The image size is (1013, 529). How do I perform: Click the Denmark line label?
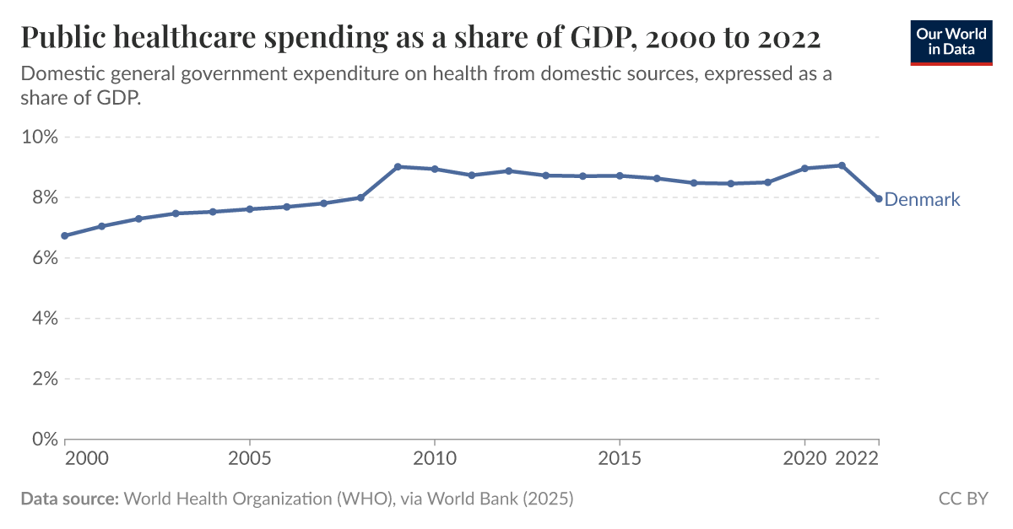(922, 200)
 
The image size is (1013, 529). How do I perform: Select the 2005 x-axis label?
(250, 459)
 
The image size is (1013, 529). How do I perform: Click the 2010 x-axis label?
(435, 459)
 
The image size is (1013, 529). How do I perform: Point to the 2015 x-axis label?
(620, 459)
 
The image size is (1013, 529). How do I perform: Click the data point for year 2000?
(65, 235)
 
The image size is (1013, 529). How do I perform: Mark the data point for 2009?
(398, 166)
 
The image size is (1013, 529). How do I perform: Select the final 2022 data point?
(879, 198)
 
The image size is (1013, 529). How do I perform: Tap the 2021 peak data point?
(842, 165)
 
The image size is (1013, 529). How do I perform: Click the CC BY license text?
(963, 499)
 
